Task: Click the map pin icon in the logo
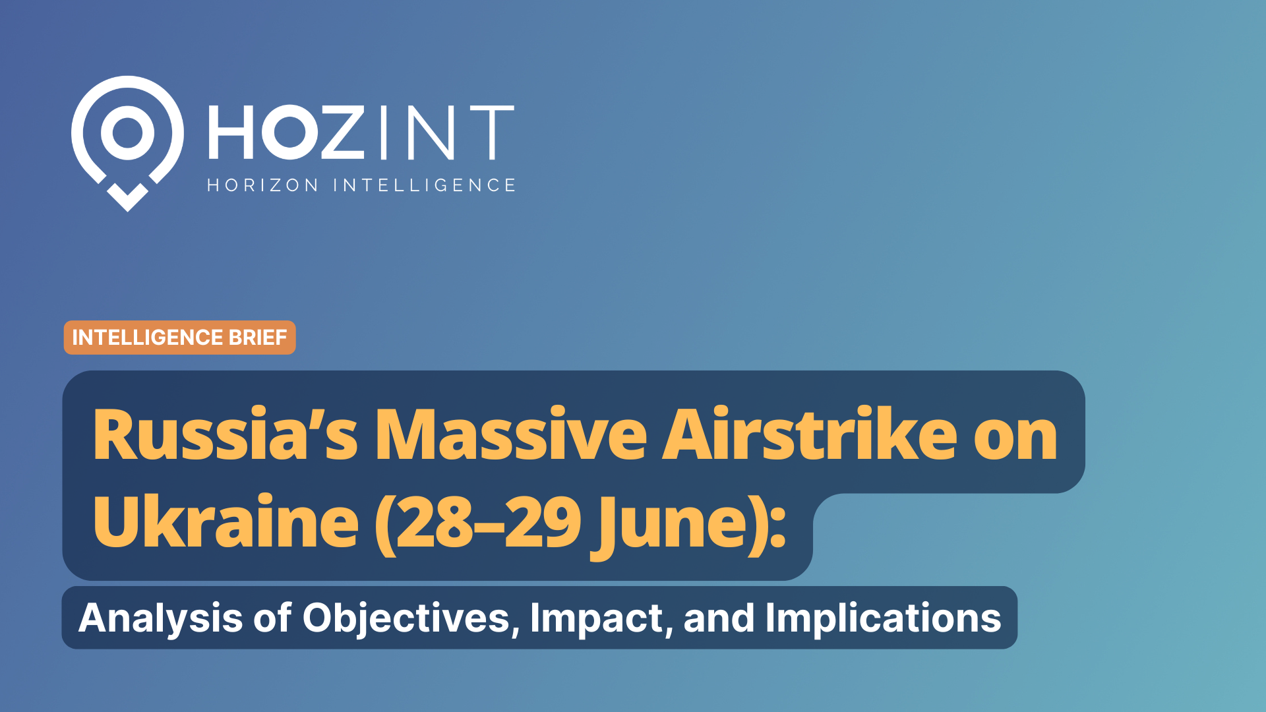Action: coord(127,132)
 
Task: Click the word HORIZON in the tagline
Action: coord(263,185)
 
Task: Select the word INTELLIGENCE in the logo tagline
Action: coord(424,185)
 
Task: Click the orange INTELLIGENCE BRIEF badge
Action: coord(179,338)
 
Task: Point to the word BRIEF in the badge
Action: coord(257,338)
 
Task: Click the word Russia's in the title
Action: coord(225,435)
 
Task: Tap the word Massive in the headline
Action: coord(511,435)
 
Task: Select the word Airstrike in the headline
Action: coord(809,435)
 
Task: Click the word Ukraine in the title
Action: coord(226,522)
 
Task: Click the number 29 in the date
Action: coord(543,522)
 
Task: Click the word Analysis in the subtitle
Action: coord(161,618)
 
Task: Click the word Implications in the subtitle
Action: coord(883,618)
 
